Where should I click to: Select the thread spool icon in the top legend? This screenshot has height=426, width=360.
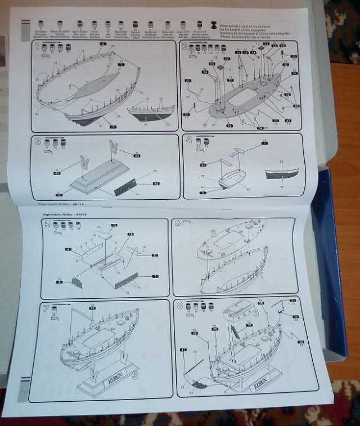[214, 26]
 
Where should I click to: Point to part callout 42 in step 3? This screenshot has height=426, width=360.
[156, 183]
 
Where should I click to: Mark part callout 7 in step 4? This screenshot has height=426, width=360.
[203, 193]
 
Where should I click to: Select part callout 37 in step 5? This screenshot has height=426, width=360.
[155, 254]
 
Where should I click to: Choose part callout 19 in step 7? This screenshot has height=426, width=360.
[92, 308]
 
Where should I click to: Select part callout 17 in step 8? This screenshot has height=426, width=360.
[183, 350]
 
